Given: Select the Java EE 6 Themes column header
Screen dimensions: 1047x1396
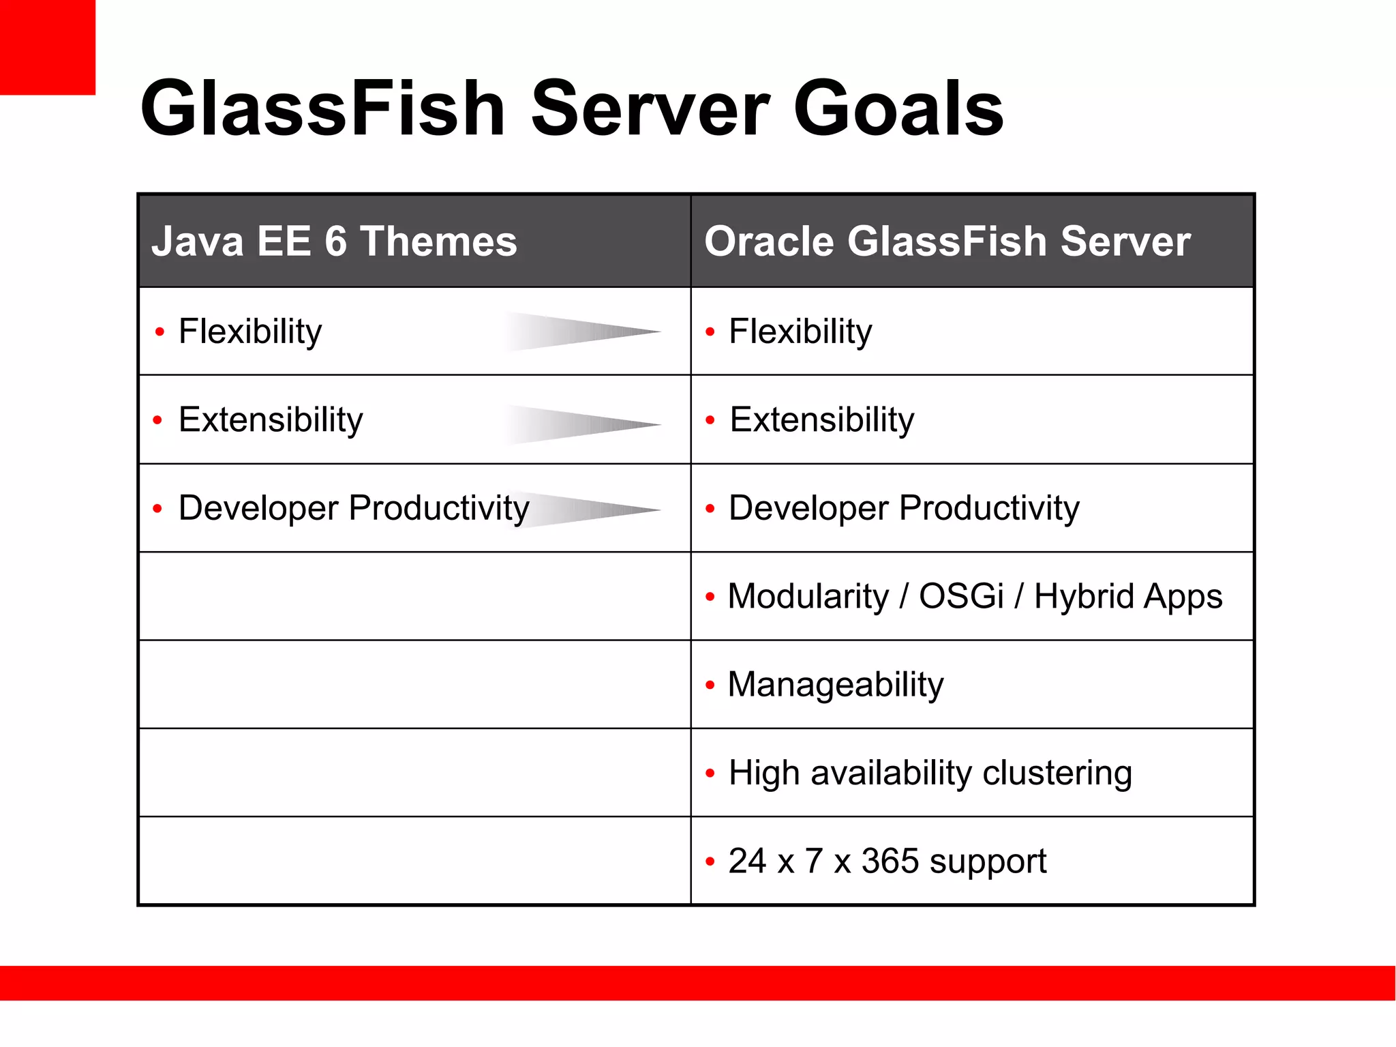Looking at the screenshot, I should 334,241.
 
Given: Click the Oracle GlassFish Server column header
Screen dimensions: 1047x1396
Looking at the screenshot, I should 947,241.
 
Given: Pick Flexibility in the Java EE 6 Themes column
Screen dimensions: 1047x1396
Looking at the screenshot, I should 249,332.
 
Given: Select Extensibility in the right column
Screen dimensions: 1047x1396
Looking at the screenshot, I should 821,420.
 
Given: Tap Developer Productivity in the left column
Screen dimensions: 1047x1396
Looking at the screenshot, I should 353,509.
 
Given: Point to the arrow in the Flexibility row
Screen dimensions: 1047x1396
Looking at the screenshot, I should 583,332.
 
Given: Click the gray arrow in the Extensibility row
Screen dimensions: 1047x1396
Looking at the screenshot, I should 583,424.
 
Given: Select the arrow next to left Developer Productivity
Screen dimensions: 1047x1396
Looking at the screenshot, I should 593,510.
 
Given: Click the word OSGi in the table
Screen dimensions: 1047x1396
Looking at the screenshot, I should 960,596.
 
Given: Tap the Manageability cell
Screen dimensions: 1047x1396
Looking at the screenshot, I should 835,685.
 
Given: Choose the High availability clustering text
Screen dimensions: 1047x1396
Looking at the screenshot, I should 930,773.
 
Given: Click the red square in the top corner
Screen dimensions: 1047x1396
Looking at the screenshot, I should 47,47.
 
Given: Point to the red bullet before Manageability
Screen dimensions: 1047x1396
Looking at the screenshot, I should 710,685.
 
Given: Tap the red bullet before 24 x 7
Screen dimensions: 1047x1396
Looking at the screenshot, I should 710,861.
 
